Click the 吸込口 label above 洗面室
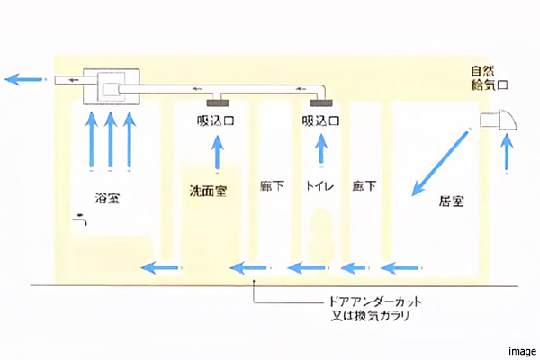pyautogui.click(x=216, y=120)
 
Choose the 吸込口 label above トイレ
pyautogui.click(x=321, y=120)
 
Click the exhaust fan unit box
pyautogui.click(x=108, y=87)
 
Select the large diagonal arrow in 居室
pyautogui.click(x=440, y=163)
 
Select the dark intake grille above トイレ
pyautogui.click(x=322, y=100)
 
